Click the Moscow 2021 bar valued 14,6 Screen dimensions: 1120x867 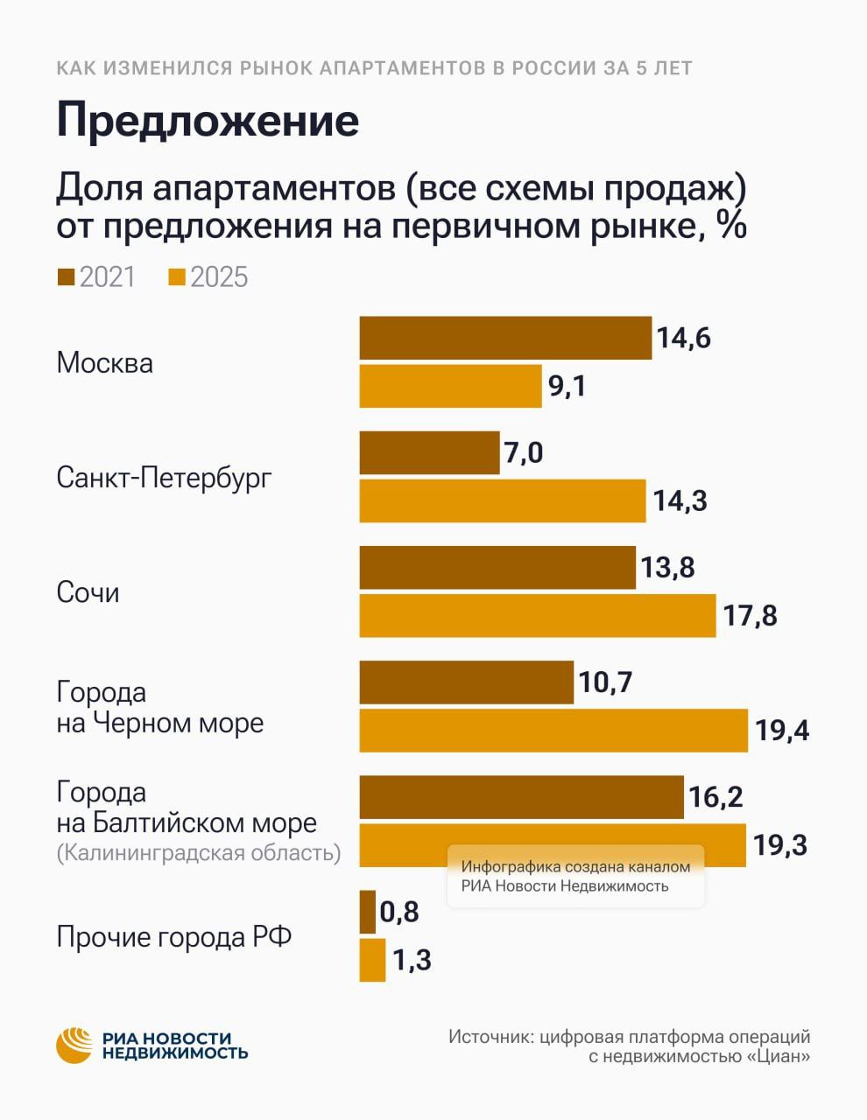coord(505,338)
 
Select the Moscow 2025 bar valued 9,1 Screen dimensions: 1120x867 coord(450,386)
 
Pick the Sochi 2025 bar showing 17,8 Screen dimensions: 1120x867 coord(537,615)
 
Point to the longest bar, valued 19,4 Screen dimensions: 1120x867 coord(553,731)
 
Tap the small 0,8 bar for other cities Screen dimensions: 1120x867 coord(368,912)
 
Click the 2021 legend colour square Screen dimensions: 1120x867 coord(66,277)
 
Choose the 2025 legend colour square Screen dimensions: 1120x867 coord(177,277)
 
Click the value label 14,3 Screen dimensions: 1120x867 coord(680,501)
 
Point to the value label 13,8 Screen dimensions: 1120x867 coord(667,568)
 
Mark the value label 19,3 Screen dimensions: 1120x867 coord(780,845)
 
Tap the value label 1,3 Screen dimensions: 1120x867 coord(412,960)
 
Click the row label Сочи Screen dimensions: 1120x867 coord(88,592)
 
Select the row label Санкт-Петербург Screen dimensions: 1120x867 coord(164,478)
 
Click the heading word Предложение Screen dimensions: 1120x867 coord(208,122)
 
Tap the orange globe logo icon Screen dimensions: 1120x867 coord(74,1045)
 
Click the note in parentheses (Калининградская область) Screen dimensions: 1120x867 coord(198,852)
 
